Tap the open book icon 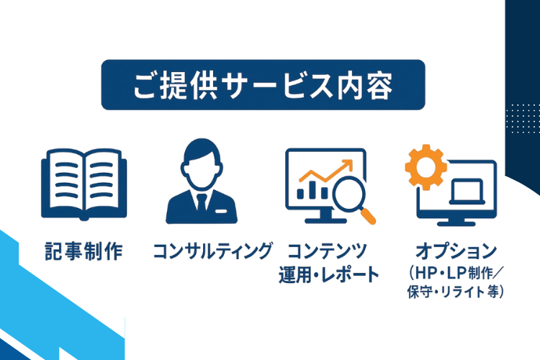(81, 184)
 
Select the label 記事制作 (81, 252)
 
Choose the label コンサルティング (212, 252)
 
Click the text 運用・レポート (328, 274)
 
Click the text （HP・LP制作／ (455, 274)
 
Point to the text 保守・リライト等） (455, 292)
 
